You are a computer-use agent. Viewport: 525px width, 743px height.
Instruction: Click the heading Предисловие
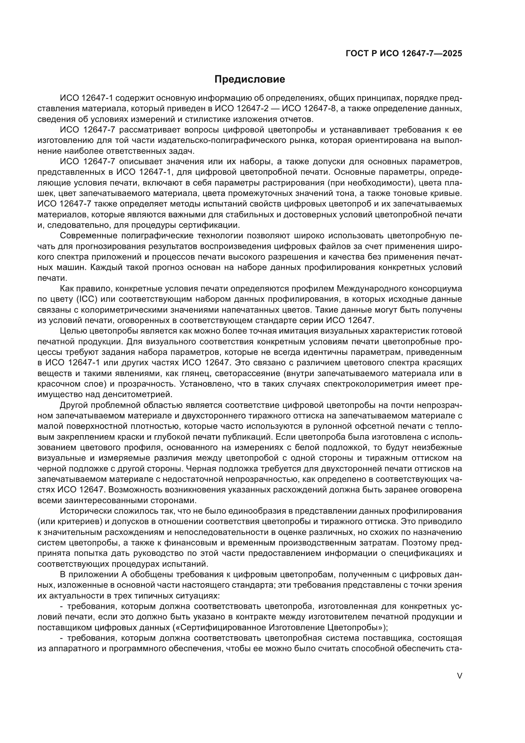249,79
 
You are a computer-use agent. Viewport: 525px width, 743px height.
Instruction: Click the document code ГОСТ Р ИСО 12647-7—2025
404,53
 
